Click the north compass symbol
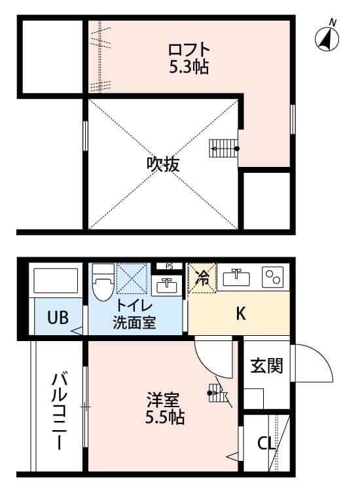(x=329, y=39)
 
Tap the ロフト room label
(x=189, y=50)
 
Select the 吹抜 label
(x=163, y=164)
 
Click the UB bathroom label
(x=58, y=318)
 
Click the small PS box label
(x=169, y=266)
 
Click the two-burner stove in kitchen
(x=272, y=278)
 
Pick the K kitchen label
(x=240, y=314)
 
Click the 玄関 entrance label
(x=267, y=365)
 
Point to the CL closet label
(x=265, y=443)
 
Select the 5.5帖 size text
(x=165, y=417)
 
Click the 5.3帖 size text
(x=189, y=67)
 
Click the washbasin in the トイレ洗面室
(x=168, y=286)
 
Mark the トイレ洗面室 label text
(x=135, y=314)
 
